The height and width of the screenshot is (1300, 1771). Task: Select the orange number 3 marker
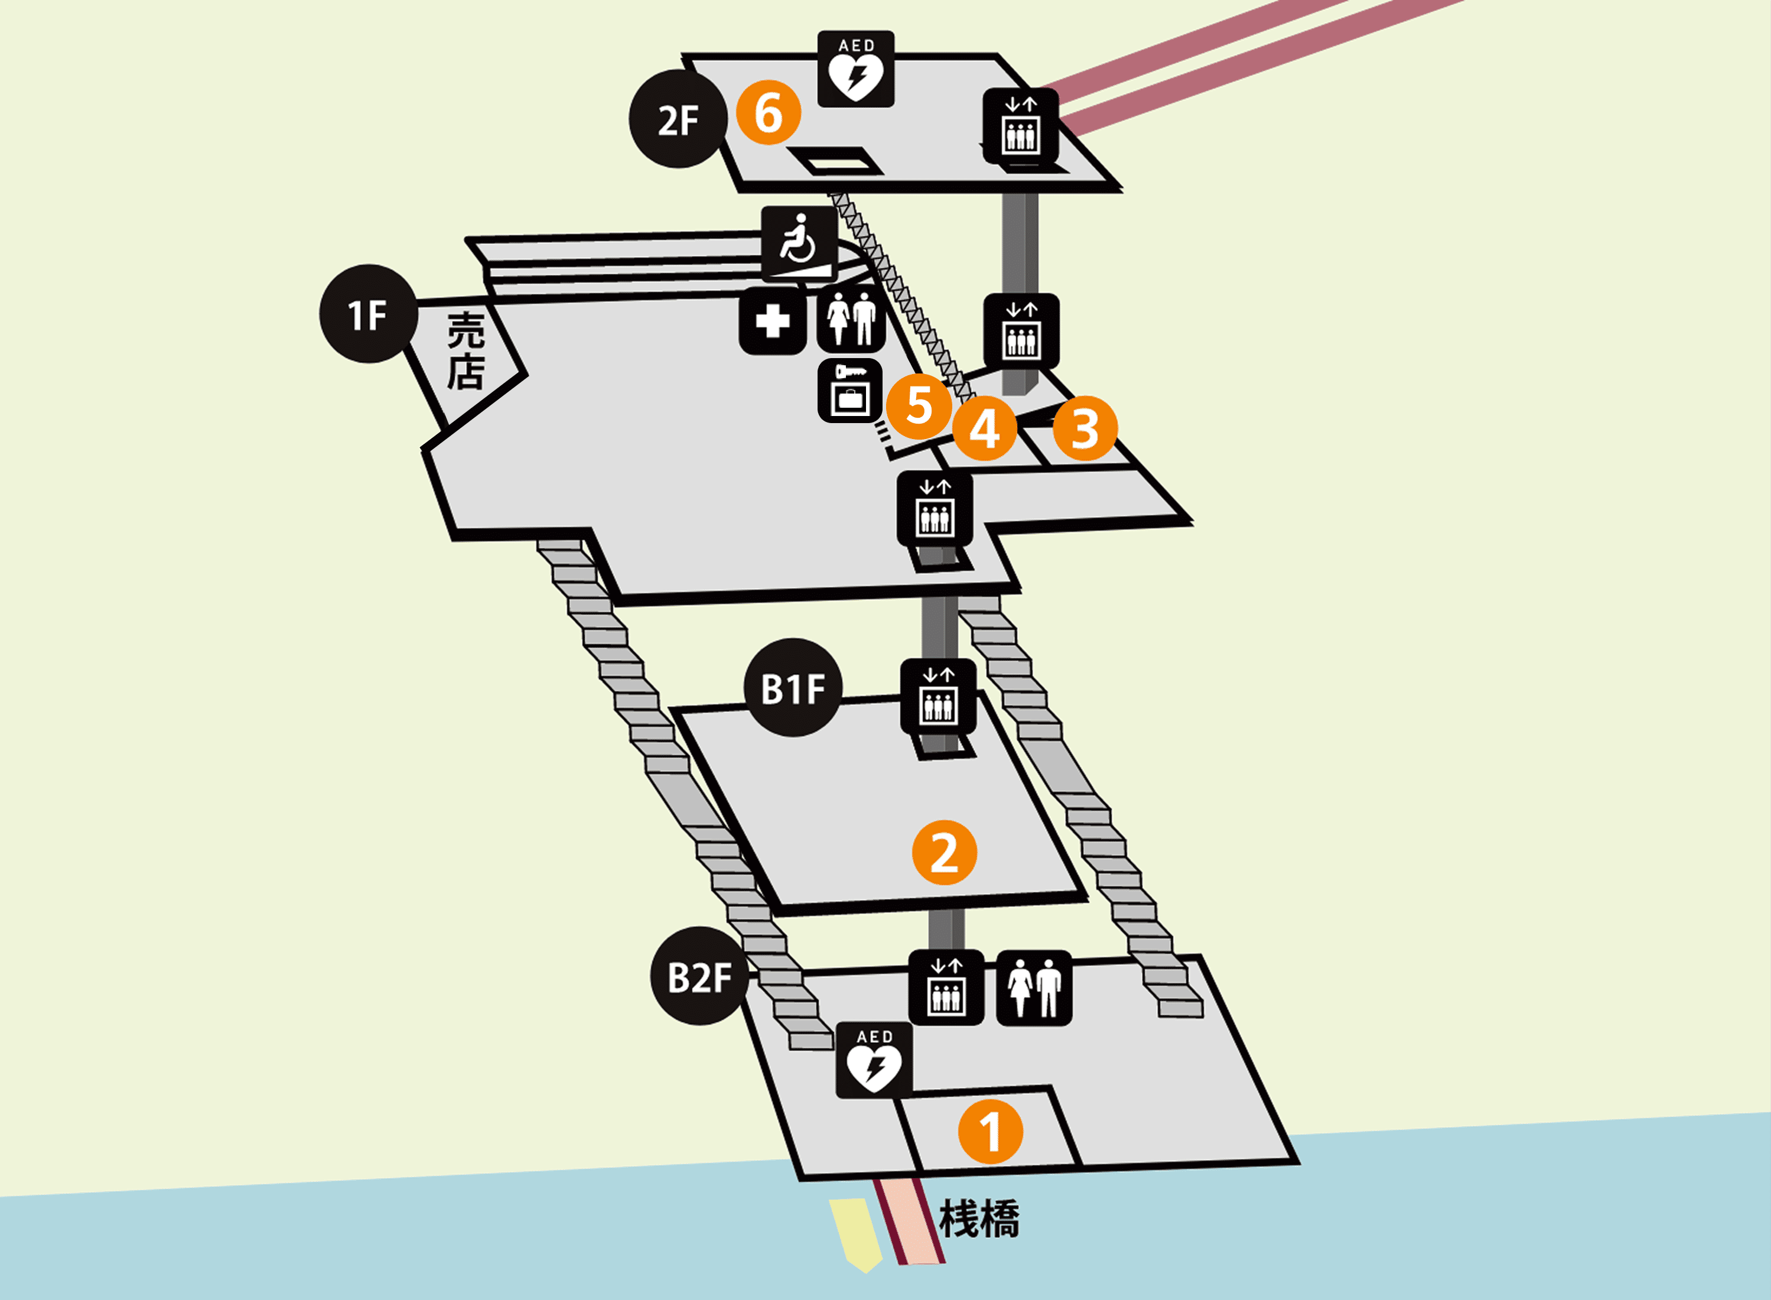click(x=1085, y=429)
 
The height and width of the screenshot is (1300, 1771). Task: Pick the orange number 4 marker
click(x=984, y=429)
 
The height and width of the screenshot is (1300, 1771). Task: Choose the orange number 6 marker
click(x=769, y=112)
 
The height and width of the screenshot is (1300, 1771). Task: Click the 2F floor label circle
click(x=678, y=119)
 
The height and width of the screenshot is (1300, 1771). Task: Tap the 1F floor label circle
click(x=368, y=314)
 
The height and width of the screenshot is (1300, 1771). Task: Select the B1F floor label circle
click(x=793, y=688)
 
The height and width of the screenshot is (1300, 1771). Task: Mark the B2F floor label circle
click(x=699, y=977)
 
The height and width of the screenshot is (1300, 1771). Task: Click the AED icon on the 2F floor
click(x=856, y=69)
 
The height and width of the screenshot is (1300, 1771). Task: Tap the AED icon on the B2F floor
click(x=874, y=1061)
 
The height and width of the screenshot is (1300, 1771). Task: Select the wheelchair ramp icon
click(x=799, y=245)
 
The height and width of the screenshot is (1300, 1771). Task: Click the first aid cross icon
click(x=773, y=321)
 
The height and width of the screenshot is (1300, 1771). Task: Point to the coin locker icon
click(x=849, y=391)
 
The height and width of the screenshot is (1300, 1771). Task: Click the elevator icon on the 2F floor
click(x=1020, y=126)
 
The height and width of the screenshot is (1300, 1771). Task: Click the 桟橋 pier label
click(x=979, y=1220)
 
